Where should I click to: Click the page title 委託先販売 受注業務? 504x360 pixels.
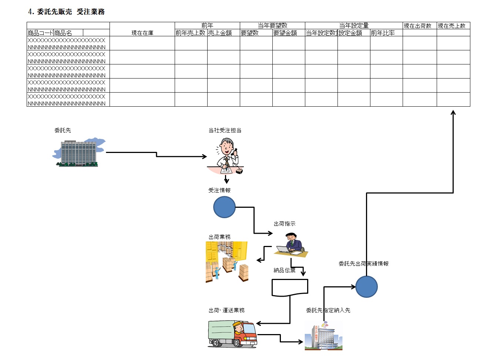(66, 12)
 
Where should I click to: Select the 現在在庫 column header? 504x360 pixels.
(142, 33)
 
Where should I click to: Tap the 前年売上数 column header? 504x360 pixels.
(191, 33)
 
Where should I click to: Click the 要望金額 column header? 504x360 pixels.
(285, 33)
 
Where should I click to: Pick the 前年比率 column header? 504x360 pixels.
(383, 33)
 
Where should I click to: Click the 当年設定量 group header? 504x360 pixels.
(354, 26)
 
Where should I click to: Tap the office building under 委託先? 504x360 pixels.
(78, 152)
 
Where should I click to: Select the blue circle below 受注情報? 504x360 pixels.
(224, 207)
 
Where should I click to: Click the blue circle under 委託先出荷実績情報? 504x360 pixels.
(366, 287)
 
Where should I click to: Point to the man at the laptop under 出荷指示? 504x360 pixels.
(292, 245)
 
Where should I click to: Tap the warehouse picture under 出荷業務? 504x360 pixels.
(226, 262)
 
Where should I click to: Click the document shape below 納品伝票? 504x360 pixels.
(290, 288)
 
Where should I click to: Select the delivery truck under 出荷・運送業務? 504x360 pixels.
(232, 334)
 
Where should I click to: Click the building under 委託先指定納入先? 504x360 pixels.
(323, 336)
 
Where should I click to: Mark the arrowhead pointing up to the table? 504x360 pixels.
(453, 112)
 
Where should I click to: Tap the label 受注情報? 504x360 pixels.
(219, 190)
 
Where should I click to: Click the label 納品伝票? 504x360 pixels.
(284, 270)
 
